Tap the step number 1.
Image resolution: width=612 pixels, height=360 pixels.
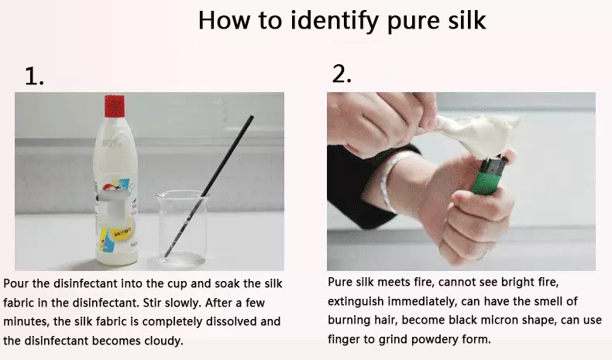(34, 76)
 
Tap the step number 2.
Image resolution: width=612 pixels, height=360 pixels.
(342, 74)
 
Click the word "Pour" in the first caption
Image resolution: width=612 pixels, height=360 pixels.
(17, 283)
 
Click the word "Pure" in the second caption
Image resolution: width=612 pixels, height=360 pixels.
(342, 282)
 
